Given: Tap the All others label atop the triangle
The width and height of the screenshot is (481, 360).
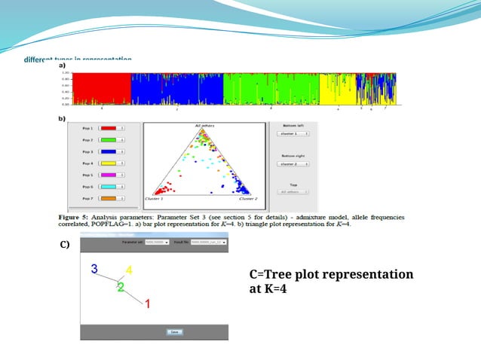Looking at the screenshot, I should (204, 126).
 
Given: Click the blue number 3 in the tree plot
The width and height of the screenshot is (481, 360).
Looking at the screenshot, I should (93, 269).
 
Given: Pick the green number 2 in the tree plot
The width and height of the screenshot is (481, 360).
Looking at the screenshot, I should (120, 287).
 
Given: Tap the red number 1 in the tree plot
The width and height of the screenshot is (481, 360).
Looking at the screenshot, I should (147, 304).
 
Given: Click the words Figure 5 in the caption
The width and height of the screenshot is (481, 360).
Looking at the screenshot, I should (75, 215).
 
